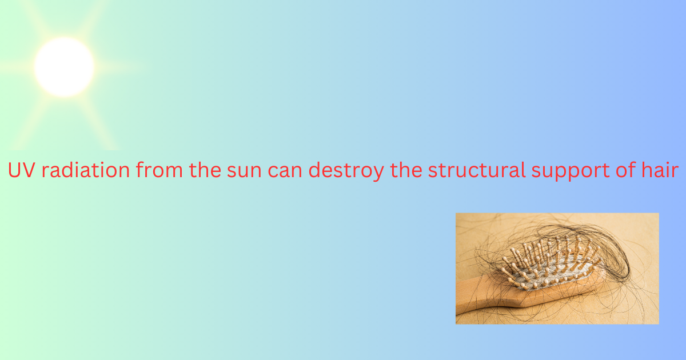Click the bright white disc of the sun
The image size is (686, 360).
[x=64, y=67]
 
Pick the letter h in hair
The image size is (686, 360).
[x=652, y=171]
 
